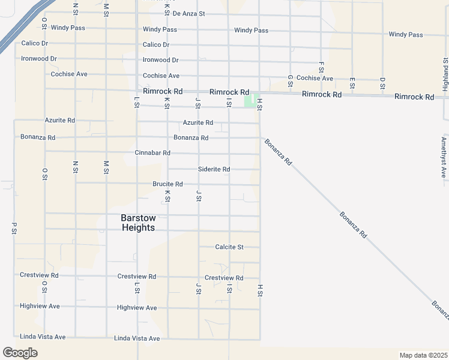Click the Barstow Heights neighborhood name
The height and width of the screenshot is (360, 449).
pyautogui.click(x=138, y=223)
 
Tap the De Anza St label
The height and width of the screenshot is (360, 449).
pyautogui.click(x=188, y=13)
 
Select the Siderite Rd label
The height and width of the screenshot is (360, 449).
pyautogui.click(x=214, y=169)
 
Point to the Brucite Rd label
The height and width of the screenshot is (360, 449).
pyautogui.click(x=167, y=184)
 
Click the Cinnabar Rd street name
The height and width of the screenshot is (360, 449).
pyautogui.click(x=152, y=153)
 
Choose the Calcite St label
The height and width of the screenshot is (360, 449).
pyautogui.click(x=229, y=247)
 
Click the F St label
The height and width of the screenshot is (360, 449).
pyautogui.click(x=321, y=67)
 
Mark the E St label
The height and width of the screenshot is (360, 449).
pyautogui.click(x=352, y=83)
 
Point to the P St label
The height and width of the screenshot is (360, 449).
pyautogui.click(x=14, y=229)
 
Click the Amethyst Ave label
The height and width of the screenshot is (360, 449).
pyautogui.click(x=444, y=157)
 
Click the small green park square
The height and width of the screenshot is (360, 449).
pyautogui.click(x=249, y=101)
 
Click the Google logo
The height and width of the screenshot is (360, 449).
pyautogui.click(x=20, y=353)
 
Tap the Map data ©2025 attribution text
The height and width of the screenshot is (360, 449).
pyautogui.click(x=423, y=355)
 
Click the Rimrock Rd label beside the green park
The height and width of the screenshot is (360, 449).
pyautogui.click(x=229, y=92)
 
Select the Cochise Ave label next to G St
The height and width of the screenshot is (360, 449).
pyautogui.click(x=315, y=79)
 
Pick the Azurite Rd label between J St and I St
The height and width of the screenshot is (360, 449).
pyautogui.click(x=197, y=122)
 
